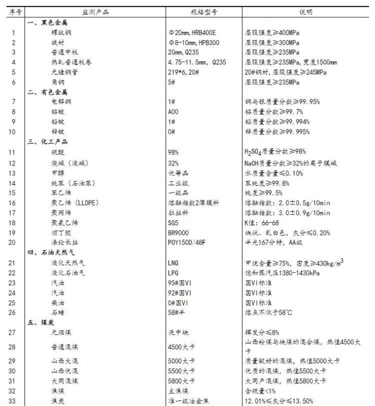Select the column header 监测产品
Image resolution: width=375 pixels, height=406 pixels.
tap(96, 12)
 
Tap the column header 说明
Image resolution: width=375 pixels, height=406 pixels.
tap(306, 12)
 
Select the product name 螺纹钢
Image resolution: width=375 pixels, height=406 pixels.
tap(60, 32)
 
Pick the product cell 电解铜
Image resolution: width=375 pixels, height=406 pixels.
tap(60, 102)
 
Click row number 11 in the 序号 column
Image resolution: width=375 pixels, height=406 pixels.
tap(14, 152)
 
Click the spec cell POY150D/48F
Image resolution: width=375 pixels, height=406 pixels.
tap(186, 243)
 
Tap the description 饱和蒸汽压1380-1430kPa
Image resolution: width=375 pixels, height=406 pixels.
tap(282, 273)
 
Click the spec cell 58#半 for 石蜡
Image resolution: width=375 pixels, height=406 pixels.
tap(176, 312)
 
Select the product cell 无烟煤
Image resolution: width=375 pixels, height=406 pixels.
tap(60, 332)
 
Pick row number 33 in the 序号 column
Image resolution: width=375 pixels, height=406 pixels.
tap(14, 401)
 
